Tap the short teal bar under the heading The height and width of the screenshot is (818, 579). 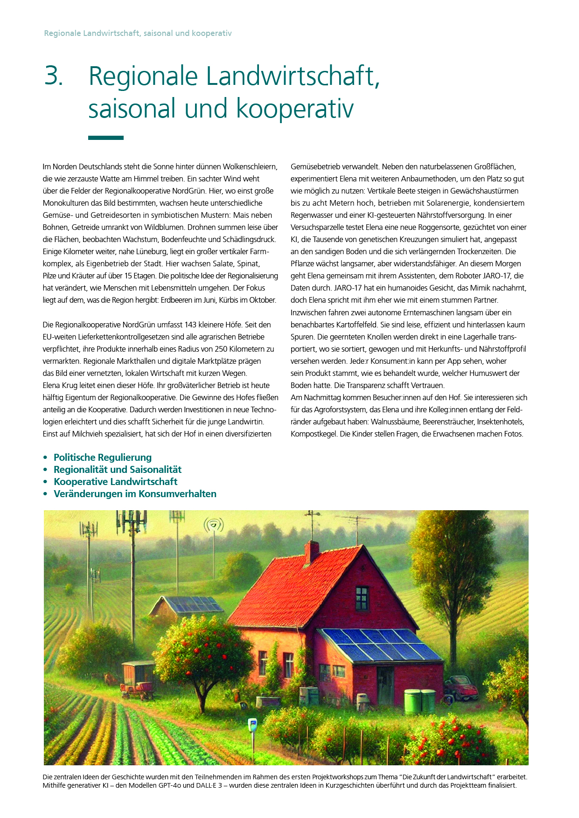[106, 138]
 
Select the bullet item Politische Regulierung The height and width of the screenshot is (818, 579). [103, 458]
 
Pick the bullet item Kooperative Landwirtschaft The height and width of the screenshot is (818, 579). [115, 482]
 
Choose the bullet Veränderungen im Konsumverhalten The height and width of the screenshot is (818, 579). [135, 494]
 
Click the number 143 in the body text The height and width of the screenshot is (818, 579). [191, 325]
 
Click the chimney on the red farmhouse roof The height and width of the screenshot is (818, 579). [311, 553]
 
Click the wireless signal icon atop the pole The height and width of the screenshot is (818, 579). [213, 525]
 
